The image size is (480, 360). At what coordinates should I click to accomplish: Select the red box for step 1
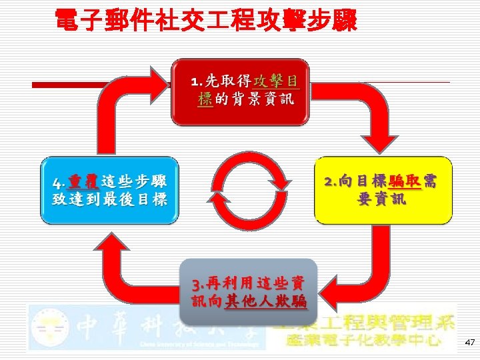point(241,93)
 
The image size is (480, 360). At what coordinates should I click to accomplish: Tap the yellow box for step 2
point(383,191)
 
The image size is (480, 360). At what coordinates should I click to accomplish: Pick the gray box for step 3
point(248,293)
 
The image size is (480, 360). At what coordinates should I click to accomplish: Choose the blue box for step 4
point(110,191)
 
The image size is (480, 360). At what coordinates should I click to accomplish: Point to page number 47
point(469,342)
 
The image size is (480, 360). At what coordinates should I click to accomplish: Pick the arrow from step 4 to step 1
point(127,100)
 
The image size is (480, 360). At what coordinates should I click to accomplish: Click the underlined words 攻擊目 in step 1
point(276,81)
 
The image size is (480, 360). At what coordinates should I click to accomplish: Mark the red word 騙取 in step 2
point(405,181)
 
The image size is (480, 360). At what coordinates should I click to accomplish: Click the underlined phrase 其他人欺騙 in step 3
point(265,302)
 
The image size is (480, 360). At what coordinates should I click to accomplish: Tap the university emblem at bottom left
point(49,327)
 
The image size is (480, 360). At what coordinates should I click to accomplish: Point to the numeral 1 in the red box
point(195,82)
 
